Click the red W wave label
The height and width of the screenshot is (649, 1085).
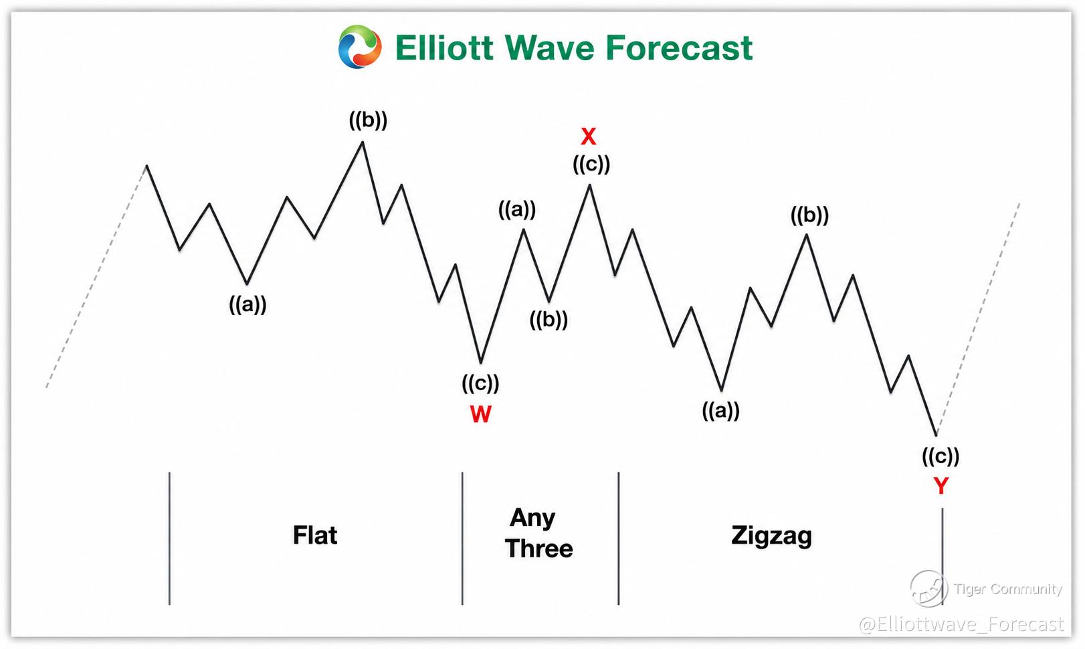click(x=481, y=414)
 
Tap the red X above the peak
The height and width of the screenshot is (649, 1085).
click(x=589, y=136)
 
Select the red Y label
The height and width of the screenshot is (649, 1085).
click(x=941, y=486)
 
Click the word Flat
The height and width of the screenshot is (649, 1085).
click(x=315, y=535)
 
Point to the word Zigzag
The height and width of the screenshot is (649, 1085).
click(x=772, y=537)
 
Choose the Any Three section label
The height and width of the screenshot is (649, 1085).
click(x=538, y=533)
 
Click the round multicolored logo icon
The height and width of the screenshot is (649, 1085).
click(x=360, y=47)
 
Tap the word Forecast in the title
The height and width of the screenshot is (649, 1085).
click(x=680, y=48)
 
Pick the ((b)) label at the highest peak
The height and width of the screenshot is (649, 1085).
click(x=368, y=120)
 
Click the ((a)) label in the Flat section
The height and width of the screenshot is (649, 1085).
click(x=248, y=304)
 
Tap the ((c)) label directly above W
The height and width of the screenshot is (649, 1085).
click(x=480, y=383)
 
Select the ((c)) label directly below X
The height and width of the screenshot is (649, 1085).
click(x=591, y=165)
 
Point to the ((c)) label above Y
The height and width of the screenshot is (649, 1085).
click(x=941, y=456)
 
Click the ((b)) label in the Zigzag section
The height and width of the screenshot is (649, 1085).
click(x=810, y=215)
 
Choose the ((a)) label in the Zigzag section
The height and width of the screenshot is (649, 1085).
click(x=720, y=411)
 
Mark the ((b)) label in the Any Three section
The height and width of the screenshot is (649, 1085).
click(x=549, y=320)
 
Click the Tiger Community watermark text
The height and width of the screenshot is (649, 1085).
click(x=1008, y=589)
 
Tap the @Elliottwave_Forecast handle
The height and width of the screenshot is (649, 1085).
click(x=961, y=624)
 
